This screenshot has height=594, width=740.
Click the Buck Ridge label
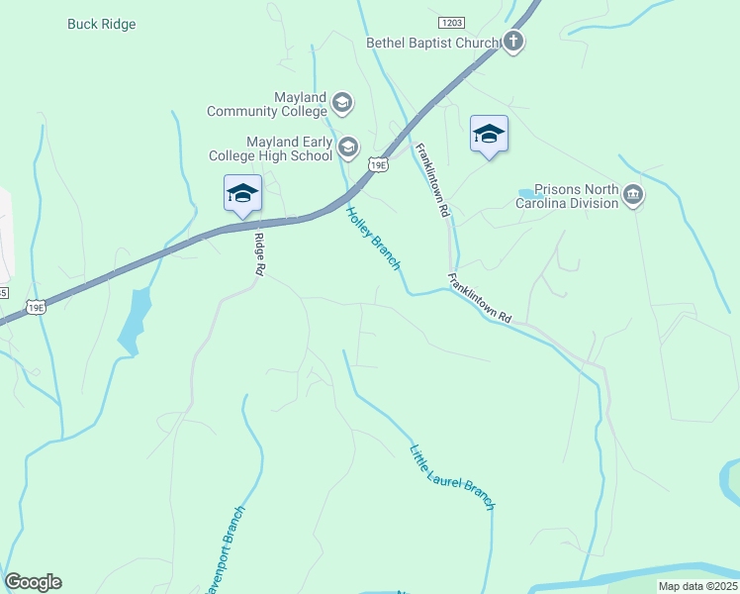coord(101,24)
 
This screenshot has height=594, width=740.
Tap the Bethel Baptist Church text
coord(433,42)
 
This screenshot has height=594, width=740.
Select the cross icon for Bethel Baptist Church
coord(512,42)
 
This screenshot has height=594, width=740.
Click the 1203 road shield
coord(452,21)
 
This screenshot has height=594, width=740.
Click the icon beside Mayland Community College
coord(341,102)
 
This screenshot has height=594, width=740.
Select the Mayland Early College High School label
coord(270,148)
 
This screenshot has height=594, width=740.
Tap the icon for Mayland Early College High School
coord(347,148)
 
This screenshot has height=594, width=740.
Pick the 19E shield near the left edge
coord(36,308)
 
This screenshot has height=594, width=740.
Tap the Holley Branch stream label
coord(373,238)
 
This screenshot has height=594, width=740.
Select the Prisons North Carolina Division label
coord(576,196)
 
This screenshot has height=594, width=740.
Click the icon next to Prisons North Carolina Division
coord(633,196)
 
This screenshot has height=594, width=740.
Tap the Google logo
coord(33,582)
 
